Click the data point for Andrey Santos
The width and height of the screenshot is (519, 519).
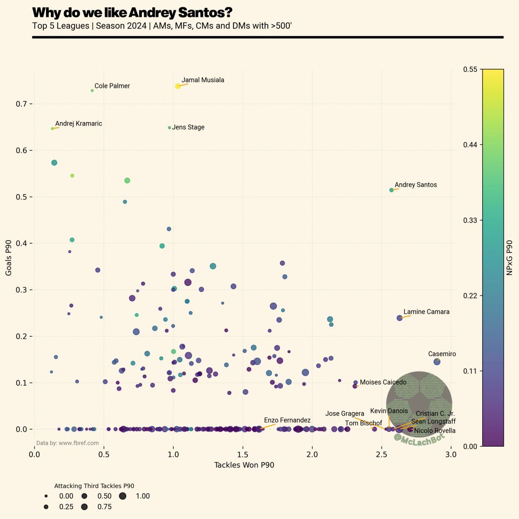(x=391, y=190)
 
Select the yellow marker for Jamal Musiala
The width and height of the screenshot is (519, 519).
(x=178, y=86)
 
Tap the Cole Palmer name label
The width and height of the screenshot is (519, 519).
(x=112, y=86)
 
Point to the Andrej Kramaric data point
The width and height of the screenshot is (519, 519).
(x=52, y=129)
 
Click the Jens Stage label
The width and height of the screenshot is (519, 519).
(x=188, y=128)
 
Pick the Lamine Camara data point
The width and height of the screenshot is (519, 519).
(x=400, y=318)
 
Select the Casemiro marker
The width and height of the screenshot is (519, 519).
(x=437, y=362)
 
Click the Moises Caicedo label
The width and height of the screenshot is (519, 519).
(x=383, y=382)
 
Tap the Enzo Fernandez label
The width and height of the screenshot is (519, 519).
(x=287, y=420)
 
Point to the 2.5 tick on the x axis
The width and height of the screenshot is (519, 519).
(x=381, y=455)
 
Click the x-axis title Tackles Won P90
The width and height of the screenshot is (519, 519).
(x=244, y=465)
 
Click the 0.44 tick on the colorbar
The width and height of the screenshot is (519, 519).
(x=471, y=145)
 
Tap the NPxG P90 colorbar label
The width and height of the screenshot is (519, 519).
(x=509, y=258)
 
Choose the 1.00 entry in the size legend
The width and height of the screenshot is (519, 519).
(x=143, y=496)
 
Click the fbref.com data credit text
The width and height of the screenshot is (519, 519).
(x=67, y=443)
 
